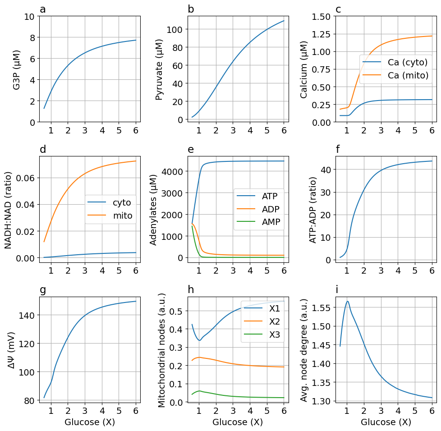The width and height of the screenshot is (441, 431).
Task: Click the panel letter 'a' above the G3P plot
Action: [x=43, y=9]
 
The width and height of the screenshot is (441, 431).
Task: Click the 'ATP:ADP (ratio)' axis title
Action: [x=313, y=210]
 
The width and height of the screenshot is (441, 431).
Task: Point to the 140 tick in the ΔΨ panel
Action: [x=27, y=315]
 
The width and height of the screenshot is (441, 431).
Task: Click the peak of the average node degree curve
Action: [x=347, y=301]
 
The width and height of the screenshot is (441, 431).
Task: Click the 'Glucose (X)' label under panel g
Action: [x=90, y=422]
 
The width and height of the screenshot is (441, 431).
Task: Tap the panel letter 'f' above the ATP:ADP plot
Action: [x=338, y=150]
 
